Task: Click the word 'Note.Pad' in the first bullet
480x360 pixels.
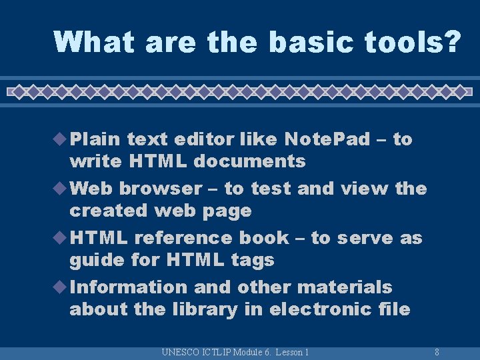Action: (327, 139)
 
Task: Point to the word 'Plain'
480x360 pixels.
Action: (95, 139)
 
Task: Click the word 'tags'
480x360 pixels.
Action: (253, 260)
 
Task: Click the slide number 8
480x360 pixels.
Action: (436, 352)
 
